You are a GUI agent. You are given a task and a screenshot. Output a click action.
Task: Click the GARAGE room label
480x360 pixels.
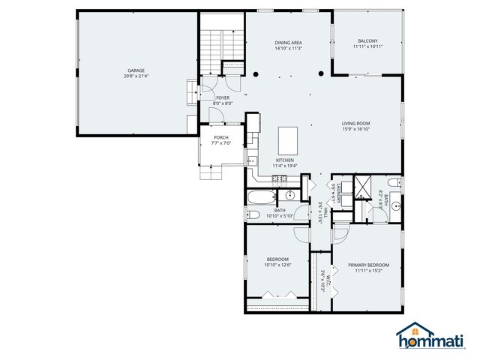pyautogui.click(x=135, y=71)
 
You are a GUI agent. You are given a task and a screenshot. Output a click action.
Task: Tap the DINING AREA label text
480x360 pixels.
pyautogui.click(x=287, y=43)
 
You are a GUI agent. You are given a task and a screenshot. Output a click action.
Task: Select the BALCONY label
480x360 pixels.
pyautogui.click(x=367, y=40)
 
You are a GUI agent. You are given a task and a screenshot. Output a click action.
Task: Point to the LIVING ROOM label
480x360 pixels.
pyautogui.click(x=356, y=123)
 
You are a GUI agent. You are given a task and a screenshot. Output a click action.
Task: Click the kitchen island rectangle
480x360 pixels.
pyautogui.click(x=289, y=139)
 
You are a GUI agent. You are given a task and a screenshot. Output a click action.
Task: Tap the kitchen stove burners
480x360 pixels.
pyautogui.click(x=280, y=178)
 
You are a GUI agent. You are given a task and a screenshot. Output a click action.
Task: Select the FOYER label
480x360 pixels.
pyautogui.click(x=223, y=97)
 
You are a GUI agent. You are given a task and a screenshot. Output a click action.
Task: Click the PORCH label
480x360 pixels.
pyautogui.click(x=220, y=137)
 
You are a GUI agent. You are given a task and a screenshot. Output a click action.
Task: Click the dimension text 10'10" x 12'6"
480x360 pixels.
pyautogui.click(x=277, y=265)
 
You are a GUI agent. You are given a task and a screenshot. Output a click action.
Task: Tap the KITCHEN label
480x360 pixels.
pyautogui.click(x=284, y=160)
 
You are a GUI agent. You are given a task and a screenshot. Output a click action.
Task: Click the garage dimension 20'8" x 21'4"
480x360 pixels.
pyautogui.click(x=135, y=76)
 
